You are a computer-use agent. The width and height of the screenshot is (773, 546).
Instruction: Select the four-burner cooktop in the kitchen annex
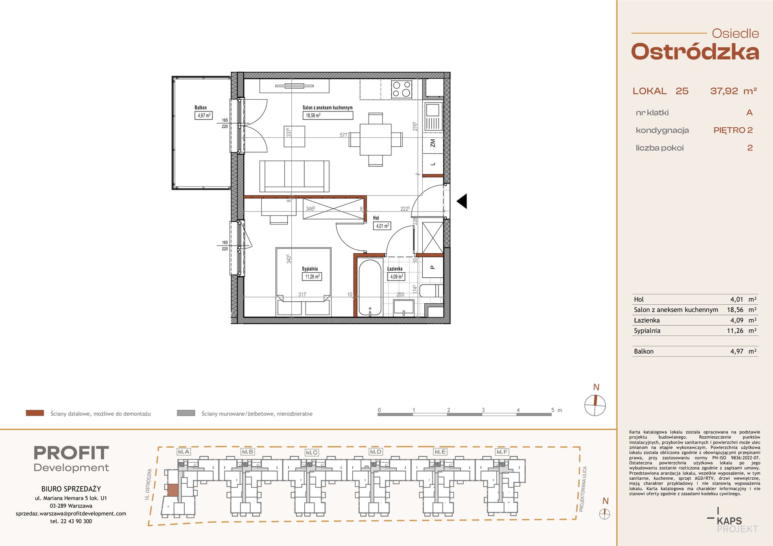[x=402, y=89]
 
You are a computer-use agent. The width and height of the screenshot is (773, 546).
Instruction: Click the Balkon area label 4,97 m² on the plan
[x=203, y=115]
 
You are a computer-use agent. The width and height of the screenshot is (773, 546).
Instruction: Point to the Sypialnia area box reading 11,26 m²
[x=312, y=276]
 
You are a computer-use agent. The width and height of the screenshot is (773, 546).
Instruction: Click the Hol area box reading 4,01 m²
[x=382, y=226]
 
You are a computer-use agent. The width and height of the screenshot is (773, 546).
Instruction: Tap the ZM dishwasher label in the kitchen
[x=432, y=143]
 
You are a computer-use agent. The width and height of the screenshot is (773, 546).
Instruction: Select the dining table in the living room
[x=376, y=139]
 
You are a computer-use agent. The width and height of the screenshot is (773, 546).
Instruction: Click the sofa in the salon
[x=294, y=176]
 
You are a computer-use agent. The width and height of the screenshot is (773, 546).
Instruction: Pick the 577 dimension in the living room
[x=343, y=135]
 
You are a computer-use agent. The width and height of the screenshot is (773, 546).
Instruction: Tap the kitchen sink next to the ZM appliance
[x=433, y=117]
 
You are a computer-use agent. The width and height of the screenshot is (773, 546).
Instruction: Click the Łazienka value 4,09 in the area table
[x=736, y=320]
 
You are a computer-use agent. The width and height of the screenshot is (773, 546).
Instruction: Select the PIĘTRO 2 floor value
[x=733, y=130]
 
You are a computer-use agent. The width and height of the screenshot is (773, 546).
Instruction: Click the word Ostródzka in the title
[x=695, y=52]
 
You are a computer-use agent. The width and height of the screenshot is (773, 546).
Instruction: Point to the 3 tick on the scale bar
[x=483, y=410]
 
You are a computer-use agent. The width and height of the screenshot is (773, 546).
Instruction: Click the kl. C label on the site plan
[x=312, y=452]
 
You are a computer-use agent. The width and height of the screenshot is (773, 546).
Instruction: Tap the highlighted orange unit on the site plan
[x=173, y=490]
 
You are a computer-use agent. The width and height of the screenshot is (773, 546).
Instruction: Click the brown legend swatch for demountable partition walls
[x=35, y=413]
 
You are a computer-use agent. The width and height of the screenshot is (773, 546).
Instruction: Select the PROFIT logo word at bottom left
[x=71, y=453]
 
